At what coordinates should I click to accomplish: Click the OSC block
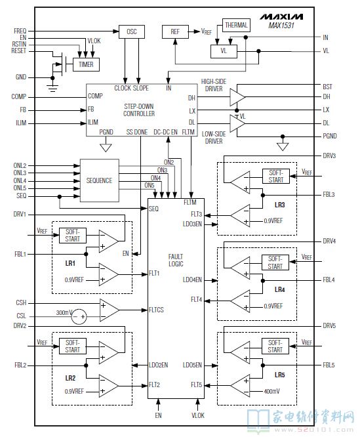pyautogui.click(x=131, y=31)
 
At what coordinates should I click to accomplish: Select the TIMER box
pyautogui.click(x=86, y=65)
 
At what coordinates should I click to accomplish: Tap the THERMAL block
pyautogui.click(x=236, y=26)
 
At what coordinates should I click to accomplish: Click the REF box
pyautogui.click(x=175, y=31)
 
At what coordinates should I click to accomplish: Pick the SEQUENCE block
pyautogui.click(x=100, y=180)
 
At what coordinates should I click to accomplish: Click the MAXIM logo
pyautogui.click(x=281, y=16)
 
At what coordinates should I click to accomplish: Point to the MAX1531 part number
pyautogui.click(x=281, y=26)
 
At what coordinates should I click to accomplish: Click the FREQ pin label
pyautogui.click(x=20, y=31)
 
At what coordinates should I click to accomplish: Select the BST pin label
pyautogui.click(x=327, y=87)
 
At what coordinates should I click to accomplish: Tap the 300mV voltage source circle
pyautogui.click(x=79, y=317)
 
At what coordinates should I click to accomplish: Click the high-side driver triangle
pyautogui.click(x=237, y=97)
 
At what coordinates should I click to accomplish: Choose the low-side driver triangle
pyautogui.click(x=237, y=123)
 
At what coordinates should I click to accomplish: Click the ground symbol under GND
pyautogui.click(x=52, y=88)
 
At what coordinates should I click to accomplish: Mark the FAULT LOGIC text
pyautogui.click(x=176, y=260)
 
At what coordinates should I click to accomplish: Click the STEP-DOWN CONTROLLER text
pyautogui.click(x=138, y=110)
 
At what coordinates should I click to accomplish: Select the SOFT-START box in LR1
pyautogui.click(x=72, y=236)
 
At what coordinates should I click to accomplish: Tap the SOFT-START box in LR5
pyautogui.click(x=275, y=346)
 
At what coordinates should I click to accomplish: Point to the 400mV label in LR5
pyautogui.click(x=271, y=391)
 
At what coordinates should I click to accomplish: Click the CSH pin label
pyautogui.click(x=21, y=302)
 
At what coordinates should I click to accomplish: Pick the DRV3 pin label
pyautogui.click(x=329, y=156)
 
